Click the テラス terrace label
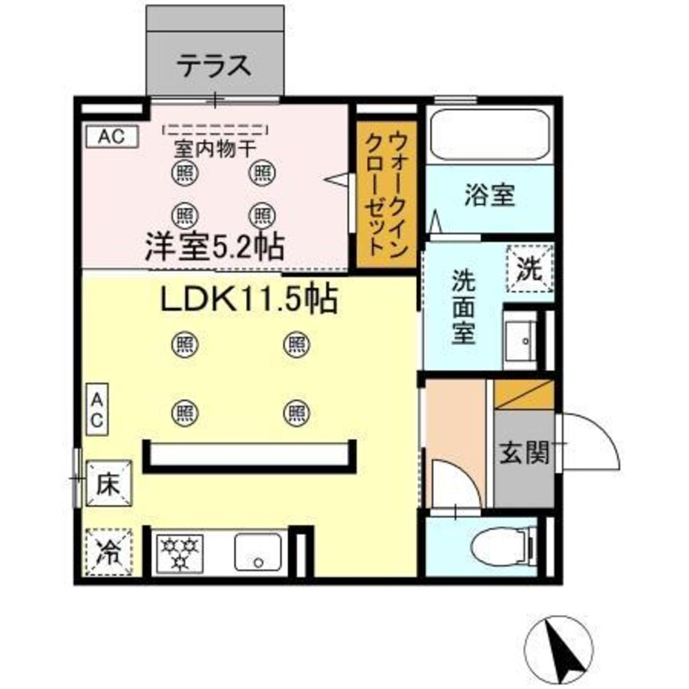point(214,65)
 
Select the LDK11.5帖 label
point(248,302)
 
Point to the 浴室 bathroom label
point(489,195)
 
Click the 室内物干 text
point(216,151)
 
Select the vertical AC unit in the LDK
point(97,410)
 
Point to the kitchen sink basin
point(258,552)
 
